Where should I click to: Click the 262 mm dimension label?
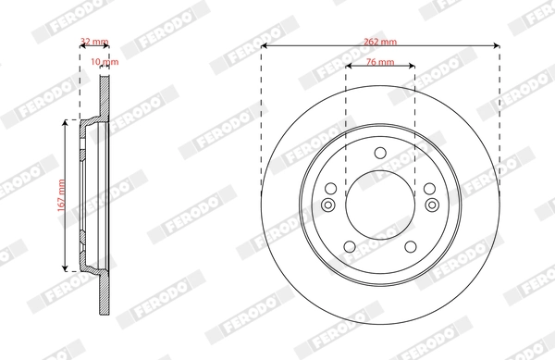pyautogui.click(x=380, y=41)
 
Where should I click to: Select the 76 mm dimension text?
pyautogui.click(x=380, y=61)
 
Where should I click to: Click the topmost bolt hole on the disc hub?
pyautogui.click(x=380, y=154)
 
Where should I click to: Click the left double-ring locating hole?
pyautogui.click(x=329, y=205)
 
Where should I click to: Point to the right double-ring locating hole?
pyautogui.click(x=431, y=205)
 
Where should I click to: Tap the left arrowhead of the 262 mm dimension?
pyautogui.click(x=265, y=48)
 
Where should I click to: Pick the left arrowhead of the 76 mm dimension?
pyautogui.click(x=350, y=68)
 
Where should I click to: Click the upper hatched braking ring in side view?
pyautogui.click(x=105, y=93)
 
